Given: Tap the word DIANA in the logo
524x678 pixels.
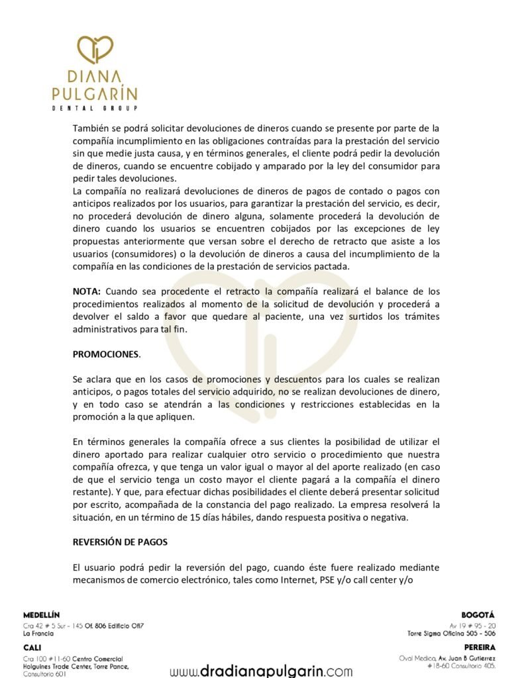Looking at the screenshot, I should point(94,77).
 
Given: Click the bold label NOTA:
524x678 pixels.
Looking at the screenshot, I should point(87,291).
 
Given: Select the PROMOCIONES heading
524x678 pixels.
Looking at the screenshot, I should point(106,354).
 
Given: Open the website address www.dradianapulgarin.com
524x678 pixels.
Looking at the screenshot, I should point(261,670).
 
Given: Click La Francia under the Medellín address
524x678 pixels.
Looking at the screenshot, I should point(38,634).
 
